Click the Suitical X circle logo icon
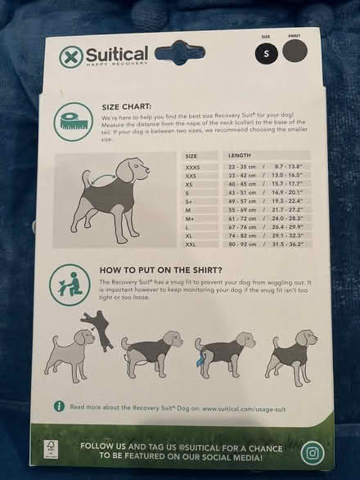pos(72,56)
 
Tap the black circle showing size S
pos(266,54)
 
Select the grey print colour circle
pos(295,54)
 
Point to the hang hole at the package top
pos(179,53)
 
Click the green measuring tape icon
pos(72,120)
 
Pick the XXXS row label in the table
pos(193,167)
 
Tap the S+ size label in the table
pos(190,201)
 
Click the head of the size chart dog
pos(128,171)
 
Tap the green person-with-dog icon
pos(72,280)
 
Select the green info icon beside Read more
pos(59,406)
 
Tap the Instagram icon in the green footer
pos(312,452)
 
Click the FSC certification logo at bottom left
pos(50,452)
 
